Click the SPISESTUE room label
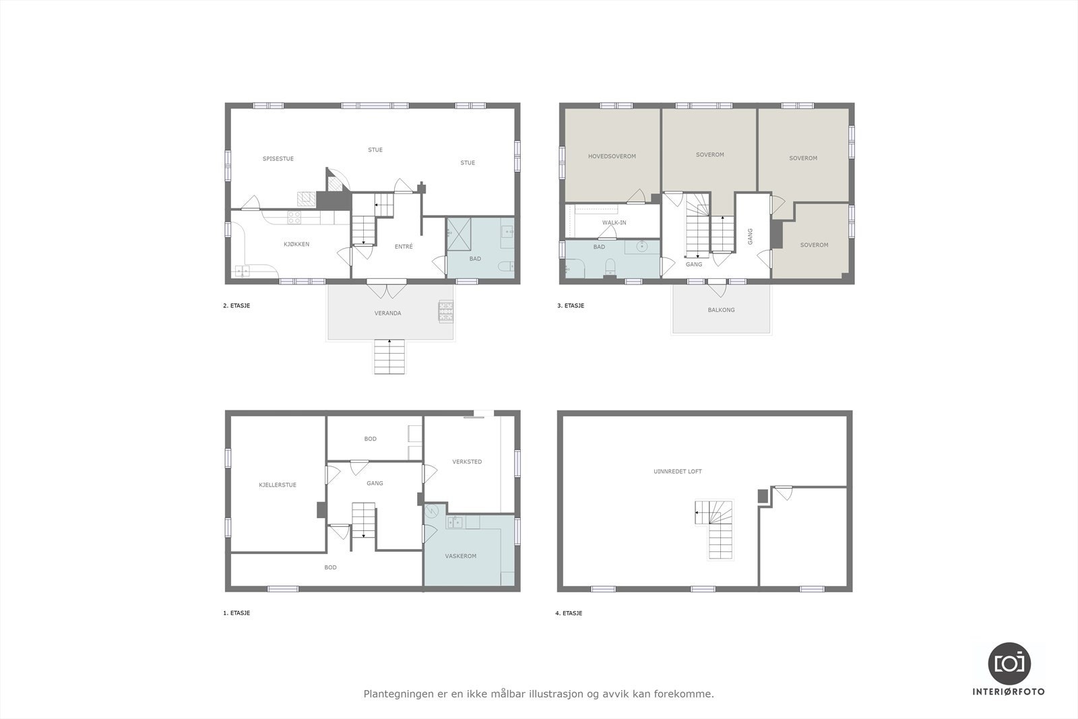(x=278, y=159)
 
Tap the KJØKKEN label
(x=296, y=245)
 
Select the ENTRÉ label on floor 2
(x=404, y=247)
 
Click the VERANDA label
(x=387, y=313)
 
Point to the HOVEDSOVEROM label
(x=612, y=156)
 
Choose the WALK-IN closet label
(x=614, y=222)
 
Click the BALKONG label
(x=721, y=310)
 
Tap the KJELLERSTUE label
(x=278, y=485)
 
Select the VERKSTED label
(x=467, y=462)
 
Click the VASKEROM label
(x=461, y=556)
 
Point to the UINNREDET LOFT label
(x=678, y=472)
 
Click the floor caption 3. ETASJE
(x=570, y=306)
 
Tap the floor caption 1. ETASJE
(x=236, y=613)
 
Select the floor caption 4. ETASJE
(x=569, y=613)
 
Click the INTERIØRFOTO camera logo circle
(x=1009, y=663)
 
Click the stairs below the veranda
(x=389, y=356)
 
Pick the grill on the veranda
(x=447, y=311)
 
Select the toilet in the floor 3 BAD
(x=610, y=268)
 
